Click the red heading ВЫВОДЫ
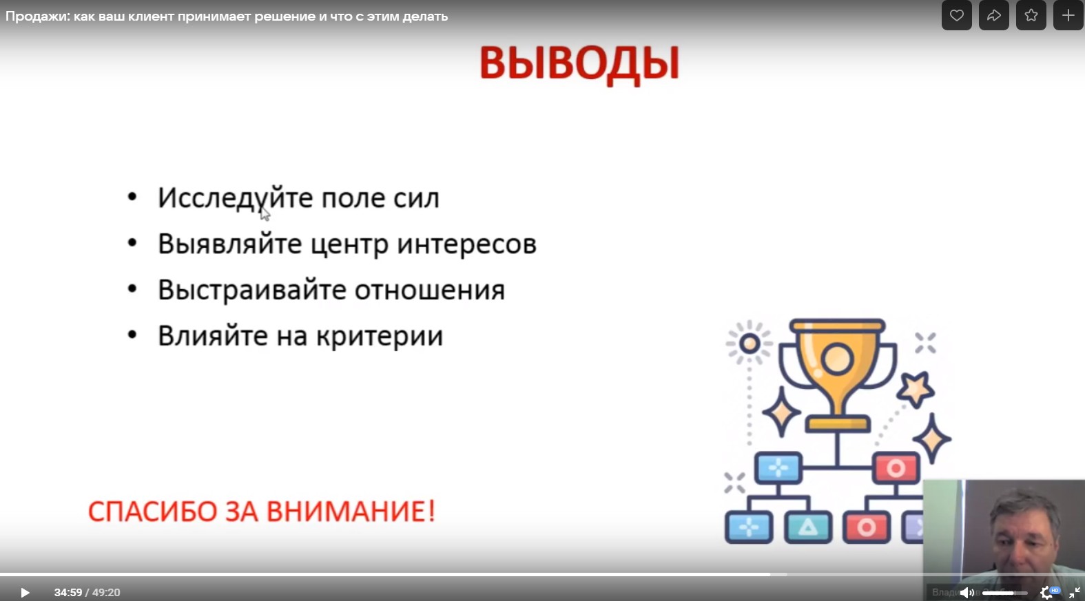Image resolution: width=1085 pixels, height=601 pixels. point(579,63)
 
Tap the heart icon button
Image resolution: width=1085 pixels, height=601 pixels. point(957,15)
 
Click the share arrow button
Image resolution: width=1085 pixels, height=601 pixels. point(994,15)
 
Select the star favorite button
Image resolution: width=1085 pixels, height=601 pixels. point(1031,15)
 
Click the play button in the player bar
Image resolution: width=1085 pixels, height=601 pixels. point(25,592)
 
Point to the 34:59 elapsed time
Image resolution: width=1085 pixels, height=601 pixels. point(68,592)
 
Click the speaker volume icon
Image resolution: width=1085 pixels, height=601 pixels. point(967,592)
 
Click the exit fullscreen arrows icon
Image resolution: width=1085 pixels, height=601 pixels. point(1075,592)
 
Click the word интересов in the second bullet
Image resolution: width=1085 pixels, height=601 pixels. point(467,244)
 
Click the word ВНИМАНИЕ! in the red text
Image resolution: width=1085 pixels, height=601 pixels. point(351,512)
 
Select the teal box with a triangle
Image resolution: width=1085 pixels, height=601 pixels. point(808,527)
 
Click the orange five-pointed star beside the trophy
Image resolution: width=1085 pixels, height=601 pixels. point(915,389)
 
